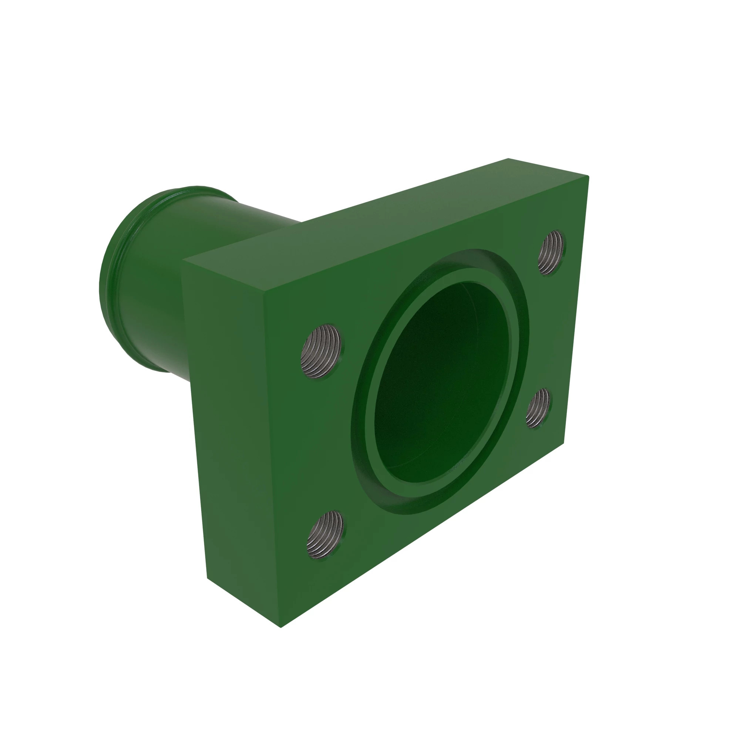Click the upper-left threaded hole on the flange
point(321,350)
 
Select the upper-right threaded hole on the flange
point(552,252)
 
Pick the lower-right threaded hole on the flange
point(538,407)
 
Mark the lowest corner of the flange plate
point(281,628)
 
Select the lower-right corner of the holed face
point(564,444)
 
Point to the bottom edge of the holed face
point(421,536)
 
